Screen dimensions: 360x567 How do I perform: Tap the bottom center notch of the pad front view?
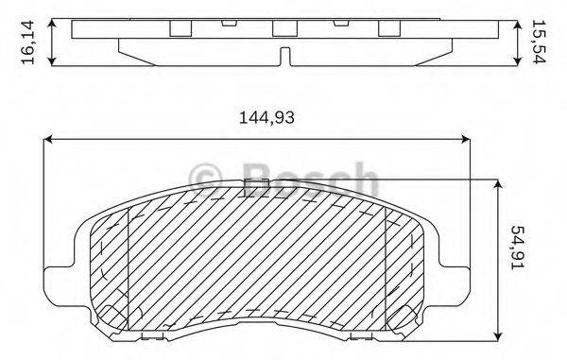[x=257, y=335]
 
